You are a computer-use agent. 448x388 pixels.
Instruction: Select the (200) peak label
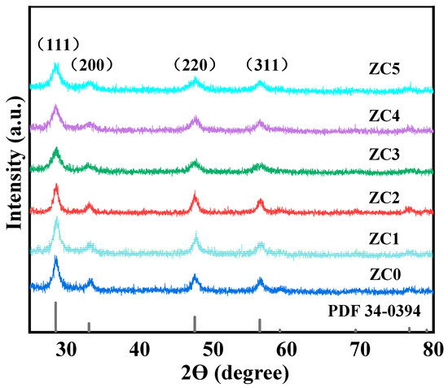[90, 63]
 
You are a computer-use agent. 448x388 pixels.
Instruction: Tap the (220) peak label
[195, 63]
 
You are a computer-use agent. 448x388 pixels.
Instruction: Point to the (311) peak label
[267, 63]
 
